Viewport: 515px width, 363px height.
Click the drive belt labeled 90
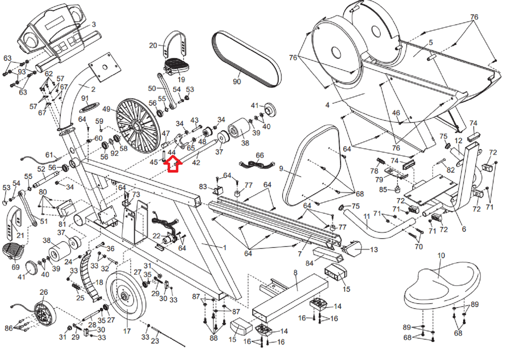247,59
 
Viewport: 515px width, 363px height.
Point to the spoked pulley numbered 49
136,126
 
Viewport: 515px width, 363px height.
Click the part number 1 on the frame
225,247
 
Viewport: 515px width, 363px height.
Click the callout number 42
196,162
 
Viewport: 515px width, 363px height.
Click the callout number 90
237,82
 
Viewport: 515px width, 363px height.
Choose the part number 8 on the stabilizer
295,273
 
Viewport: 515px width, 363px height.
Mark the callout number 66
260,155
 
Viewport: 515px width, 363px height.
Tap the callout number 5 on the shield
431,43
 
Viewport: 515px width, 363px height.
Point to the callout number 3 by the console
94,24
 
